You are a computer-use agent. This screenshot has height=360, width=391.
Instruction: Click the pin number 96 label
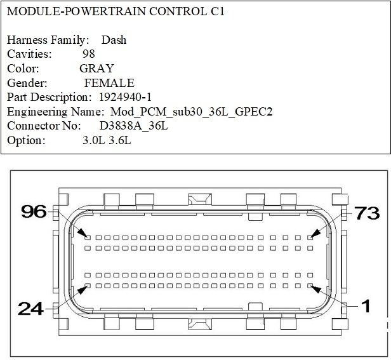(x=34, y=211)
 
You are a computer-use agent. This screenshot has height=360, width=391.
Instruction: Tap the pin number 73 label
(x=368, y=213)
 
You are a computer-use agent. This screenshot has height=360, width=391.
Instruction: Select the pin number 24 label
(x=30, y=309)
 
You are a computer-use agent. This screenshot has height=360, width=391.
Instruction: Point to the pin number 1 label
(x=366, y=307)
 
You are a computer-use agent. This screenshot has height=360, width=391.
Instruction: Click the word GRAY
(x=96, y=69)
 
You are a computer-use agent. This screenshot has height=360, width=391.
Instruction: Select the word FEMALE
(x=109, y=83)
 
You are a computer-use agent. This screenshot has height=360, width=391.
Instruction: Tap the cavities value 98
(x=89, y=54)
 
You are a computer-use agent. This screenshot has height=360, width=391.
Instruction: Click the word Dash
(x=114, y=40)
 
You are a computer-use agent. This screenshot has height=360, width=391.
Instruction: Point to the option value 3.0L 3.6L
(x=107, y=140)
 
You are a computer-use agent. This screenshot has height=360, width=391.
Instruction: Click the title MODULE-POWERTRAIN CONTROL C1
(x=116, y=12)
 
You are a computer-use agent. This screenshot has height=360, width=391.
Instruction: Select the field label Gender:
(x=27, y=83)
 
